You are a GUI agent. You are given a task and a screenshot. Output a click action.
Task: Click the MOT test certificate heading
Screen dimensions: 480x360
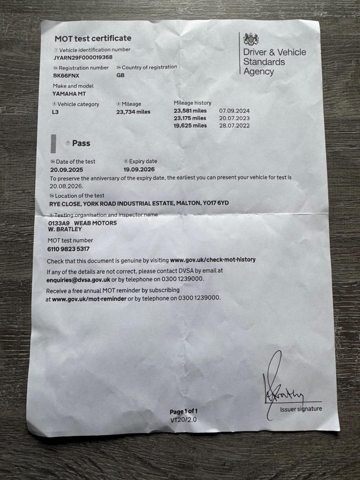pyautogui.click(x=93, y=39)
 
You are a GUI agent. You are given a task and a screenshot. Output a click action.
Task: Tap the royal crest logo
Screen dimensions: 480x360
pyautogui.click(x=251, y=39)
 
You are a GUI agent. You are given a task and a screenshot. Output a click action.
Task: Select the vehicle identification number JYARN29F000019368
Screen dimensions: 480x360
pyautogui.click(x=83, y=57)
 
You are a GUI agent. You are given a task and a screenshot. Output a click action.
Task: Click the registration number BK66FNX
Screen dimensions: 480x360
pyautogui.click(x=66, y=76)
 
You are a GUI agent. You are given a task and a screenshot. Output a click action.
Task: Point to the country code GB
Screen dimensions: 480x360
pyautogui.click(x=120, y=75)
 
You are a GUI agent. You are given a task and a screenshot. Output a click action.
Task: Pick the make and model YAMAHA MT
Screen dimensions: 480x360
pyautogui.click(x=69, y=94)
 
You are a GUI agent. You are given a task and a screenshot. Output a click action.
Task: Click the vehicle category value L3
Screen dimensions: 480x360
pyautogui.click(x=55, y=112)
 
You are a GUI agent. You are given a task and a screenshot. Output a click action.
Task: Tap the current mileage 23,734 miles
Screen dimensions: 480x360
pyautogui.click(x=133, y=112)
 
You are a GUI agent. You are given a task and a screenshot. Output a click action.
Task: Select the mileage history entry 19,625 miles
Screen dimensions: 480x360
pyautogui.click(x=190, y=126)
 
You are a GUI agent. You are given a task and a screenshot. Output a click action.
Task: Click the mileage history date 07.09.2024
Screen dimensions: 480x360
pyautogui.click(x=234, y=111)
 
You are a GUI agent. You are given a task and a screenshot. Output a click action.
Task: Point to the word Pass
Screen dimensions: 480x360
pyautogui.click(x=81, y=143)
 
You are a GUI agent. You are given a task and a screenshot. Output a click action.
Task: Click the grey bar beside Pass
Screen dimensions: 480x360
pyautogui.click(x=53, y=144)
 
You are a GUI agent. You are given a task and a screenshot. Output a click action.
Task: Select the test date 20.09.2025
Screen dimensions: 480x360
pyautogui.click(x=67, y=170)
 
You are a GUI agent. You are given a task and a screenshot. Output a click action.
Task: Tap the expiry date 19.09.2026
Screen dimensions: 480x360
pyautogui.click(x=139, y=170)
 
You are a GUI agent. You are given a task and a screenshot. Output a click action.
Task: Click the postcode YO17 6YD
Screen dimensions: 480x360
pyautogui.click(x=216, y=203)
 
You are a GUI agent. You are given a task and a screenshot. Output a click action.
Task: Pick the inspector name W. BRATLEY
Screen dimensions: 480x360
pyautogui.click(x=65, y=229)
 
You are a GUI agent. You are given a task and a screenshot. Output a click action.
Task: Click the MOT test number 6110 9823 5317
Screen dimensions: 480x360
pyautogui.click(x=68, y=249)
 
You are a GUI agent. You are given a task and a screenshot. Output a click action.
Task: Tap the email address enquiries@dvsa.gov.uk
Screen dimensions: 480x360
pyautogui.click(x=78, y=280)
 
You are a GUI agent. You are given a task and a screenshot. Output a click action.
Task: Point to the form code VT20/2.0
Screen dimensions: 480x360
pyautogui.click(x=183, y=420)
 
